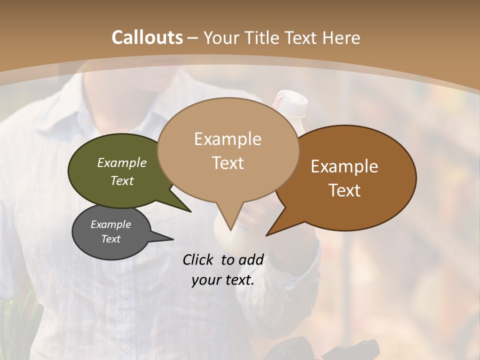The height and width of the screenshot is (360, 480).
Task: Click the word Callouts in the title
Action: (x=147, y=37)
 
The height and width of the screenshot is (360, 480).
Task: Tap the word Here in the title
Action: (x=341, y=37)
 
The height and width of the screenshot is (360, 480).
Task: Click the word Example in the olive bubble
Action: (x=122, y=163)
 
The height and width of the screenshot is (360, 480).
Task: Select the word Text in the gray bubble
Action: (x=111, y=239)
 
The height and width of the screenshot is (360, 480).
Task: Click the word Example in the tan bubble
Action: (x=227, y=139)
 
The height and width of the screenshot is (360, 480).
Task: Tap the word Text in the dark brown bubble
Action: (x=345, y=190)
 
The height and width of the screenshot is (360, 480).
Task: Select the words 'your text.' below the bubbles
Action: (x=223, y=280)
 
